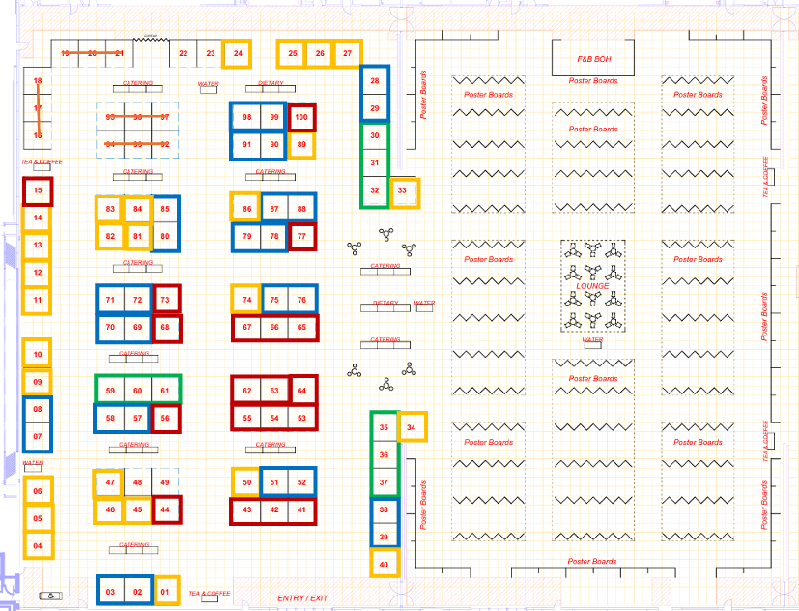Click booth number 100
[301, 117]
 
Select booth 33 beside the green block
[404, 192]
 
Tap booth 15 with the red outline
[38, 191]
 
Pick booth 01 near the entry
[166, 590]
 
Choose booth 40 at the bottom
[385, 563]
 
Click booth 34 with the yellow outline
[412, 426]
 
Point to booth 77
[302, 236]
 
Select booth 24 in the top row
[238, 54]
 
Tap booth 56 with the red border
[166, 419]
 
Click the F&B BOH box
[594, 59]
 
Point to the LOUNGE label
[592, 286]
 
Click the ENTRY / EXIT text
[302, 598]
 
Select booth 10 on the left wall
[38, 354]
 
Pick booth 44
[166, 509]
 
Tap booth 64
[302, 390]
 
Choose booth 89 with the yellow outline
[301, 145]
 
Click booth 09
[38, 383]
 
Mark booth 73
[166, 300]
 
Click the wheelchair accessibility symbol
[46, 596]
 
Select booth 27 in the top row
[347, 54]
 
